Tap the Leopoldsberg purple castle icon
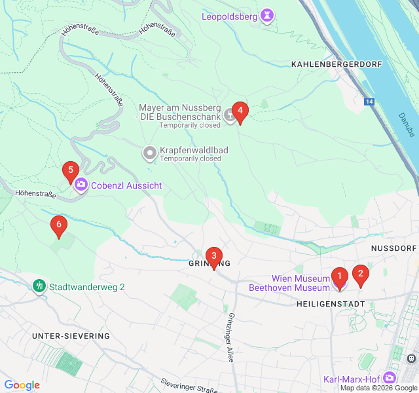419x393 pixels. pyautogui.click(x=267, y=16)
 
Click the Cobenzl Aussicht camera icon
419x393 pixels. pyautogui.click(x=81, y=185)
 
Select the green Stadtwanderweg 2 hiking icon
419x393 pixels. pyautogui.click(x=39, y=286)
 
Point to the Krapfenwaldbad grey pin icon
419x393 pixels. pyautogui.click(x=150, y=154)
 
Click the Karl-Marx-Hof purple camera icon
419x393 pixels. pyautogui.click(x=390, y=379)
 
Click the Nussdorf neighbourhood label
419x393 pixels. pyautogui.click(x=393, y=249)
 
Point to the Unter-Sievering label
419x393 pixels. pyautogui.click(x=71, y=336)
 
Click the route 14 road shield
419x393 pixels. pyautogui.click(x=370, y=102)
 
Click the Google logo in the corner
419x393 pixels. pyautogui.click(x=22, y=385)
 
